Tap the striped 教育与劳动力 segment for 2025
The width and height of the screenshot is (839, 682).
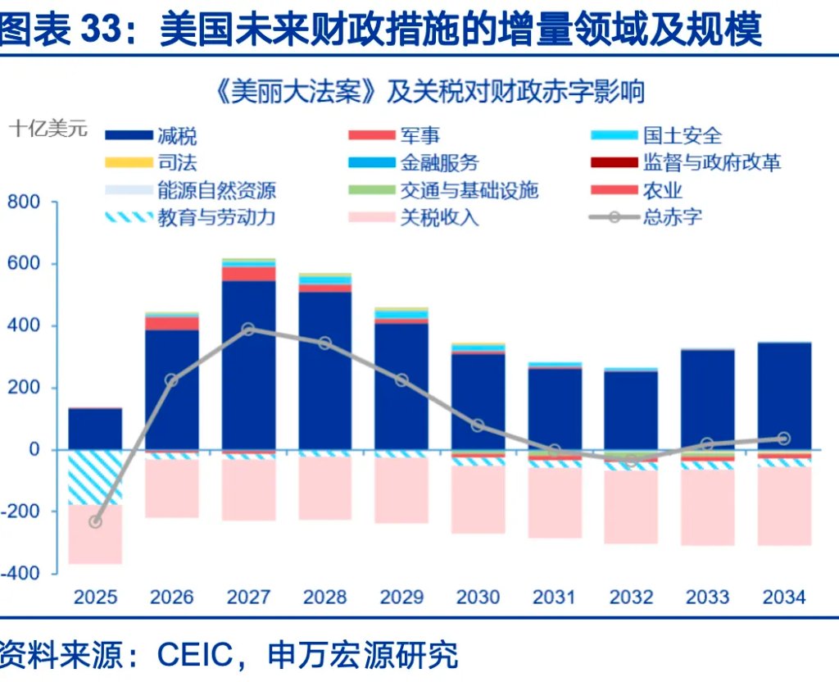(x=95, y=477)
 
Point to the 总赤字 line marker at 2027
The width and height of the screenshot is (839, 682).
(x=248, y=330)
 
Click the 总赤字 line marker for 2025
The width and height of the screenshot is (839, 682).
(x=95, y=522)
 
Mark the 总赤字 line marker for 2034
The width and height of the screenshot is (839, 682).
(x=783, y=439)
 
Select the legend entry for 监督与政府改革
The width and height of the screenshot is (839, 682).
(x=711, y=162)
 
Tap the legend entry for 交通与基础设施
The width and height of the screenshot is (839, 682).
(x=469, y=190)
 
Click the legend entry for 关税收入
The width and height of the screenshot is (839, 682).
(x=439, y=217)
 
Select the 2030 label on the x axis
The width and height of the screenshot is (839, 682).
(x=478, y=596)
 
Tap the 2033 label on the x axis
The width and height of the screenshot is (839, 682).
(x=708, y=596)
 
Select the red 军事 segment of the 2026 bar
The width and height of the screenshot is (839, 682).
(x=172, y=323)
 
